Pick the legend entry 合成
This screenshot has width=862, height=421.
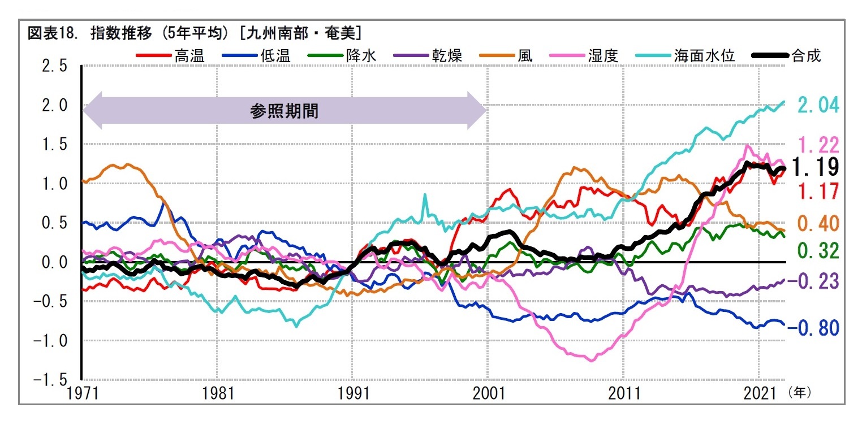807,55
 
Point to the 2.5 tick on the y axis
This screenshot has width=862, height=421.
55,67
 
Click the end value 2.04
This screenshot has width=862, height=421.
818,105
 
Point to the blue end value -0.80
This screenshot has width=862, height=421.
813,328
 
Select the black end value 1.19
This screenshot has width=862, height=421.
815,167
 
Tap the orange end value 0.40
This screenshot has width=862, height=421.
818,224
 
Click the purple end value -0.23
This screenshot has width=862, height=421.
813,281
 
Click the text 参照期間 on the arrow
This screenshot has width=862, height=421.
284,111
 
